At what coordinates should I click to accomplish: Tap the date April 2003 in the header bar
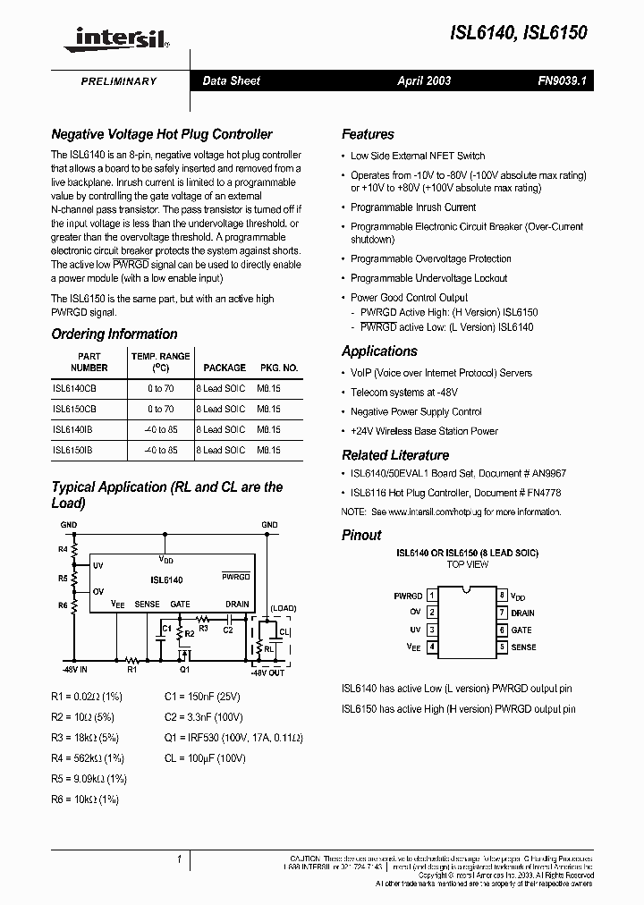click(x=424, y=80)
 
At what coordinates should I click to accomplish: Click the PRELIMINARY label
click(x=119, y=81)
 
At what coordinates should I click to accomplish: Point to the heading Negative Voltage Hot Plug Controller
click(x=162, y=134)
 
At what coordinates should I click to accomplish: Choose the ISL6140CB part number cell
click(x=74, y=390)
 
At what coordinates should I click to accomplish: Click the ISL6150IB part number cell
click(x=72, y=451)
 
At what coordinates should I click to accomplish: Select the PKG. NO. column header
click(x=279, y=368)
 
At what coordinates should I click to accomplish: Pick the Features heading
click(x=368, y=134)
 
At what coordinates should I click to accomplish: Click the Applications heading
click(x=379, y=351)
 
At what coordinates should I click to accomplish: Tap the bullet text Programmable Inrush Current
click(x=413, y=207)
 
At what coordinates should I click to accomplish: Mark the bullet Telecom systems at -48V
click(x=403, y=393)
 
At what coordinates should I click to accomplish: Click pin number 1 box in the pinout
click(x=432, y=596)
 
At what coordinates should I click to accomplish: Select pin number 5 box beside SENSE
click(x=503, y=647)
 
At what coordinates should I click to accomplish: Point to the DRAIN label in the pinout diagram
click(x=523, y=613)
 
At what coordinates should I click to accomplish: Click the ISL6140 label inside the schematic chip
click(x=166, y=580)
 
